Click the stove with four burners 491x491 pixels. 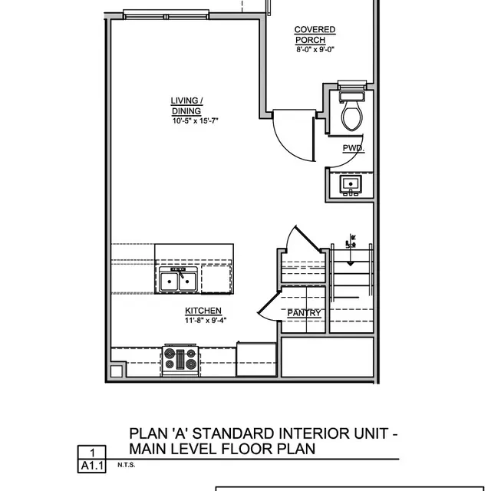(x=181, y=360)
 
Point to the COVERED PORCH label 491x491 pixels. (x=315, y=35)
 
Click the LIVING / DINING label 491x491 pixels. (x=186, y=105)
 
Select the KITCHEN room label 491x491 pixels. (x=203, y=311)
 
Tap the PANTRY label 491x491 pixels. (x=304, y=313)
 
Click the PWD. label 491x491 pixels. (x=353, y=148)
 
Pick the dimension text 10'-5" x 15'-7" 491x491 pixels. (x=196, y=120)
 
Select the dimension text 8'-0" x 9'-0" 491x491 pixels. (x=315, y=50)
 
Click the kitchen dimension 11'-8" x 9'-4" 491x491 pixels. (x=206, y=320)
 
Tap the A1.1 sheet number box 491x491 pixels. (x=92, y=466)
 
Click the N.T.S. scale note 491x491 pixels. (x=126, y=465)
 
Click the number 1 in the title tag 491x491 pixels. (x=92, y=453)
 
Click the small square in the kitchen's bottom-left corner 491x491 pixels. (x=116, y=371)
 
